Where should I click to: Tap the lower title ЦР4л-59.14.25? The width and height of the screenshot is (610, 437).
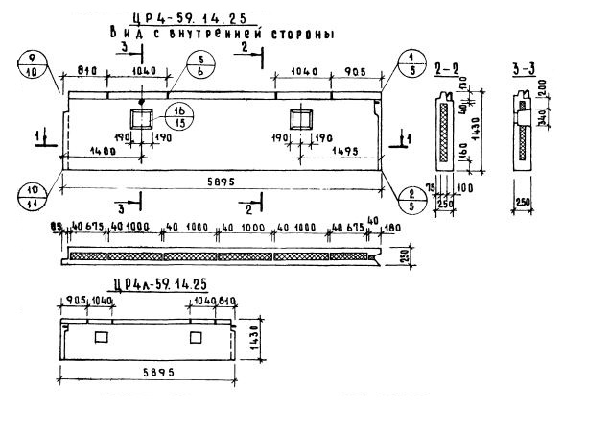tap(159, 284)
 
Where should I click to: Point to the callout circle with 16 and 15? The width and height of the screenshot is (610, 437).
tap(178, 116)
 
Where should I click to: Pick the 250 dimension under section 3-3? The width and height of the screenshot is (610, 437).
tap(522, 200)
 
